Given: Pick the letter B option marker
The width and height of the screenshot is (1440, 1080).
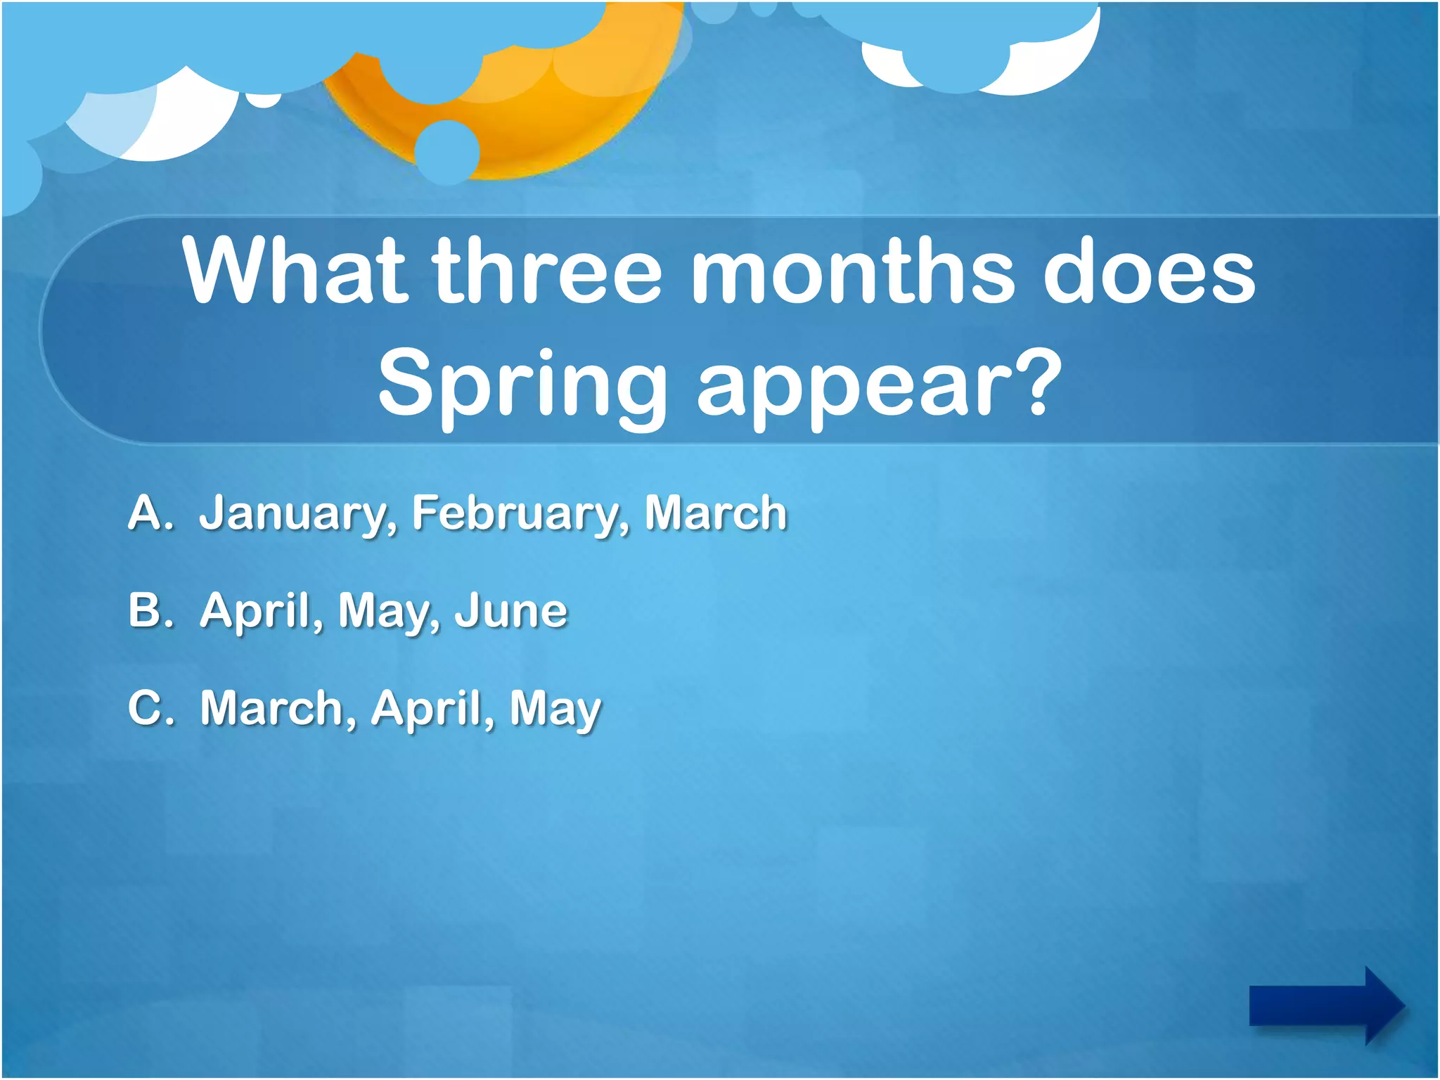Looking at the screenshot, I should coord(149,610).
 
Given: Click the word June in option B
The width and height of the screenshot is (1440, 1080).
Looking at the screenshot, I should coord(511,610).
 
